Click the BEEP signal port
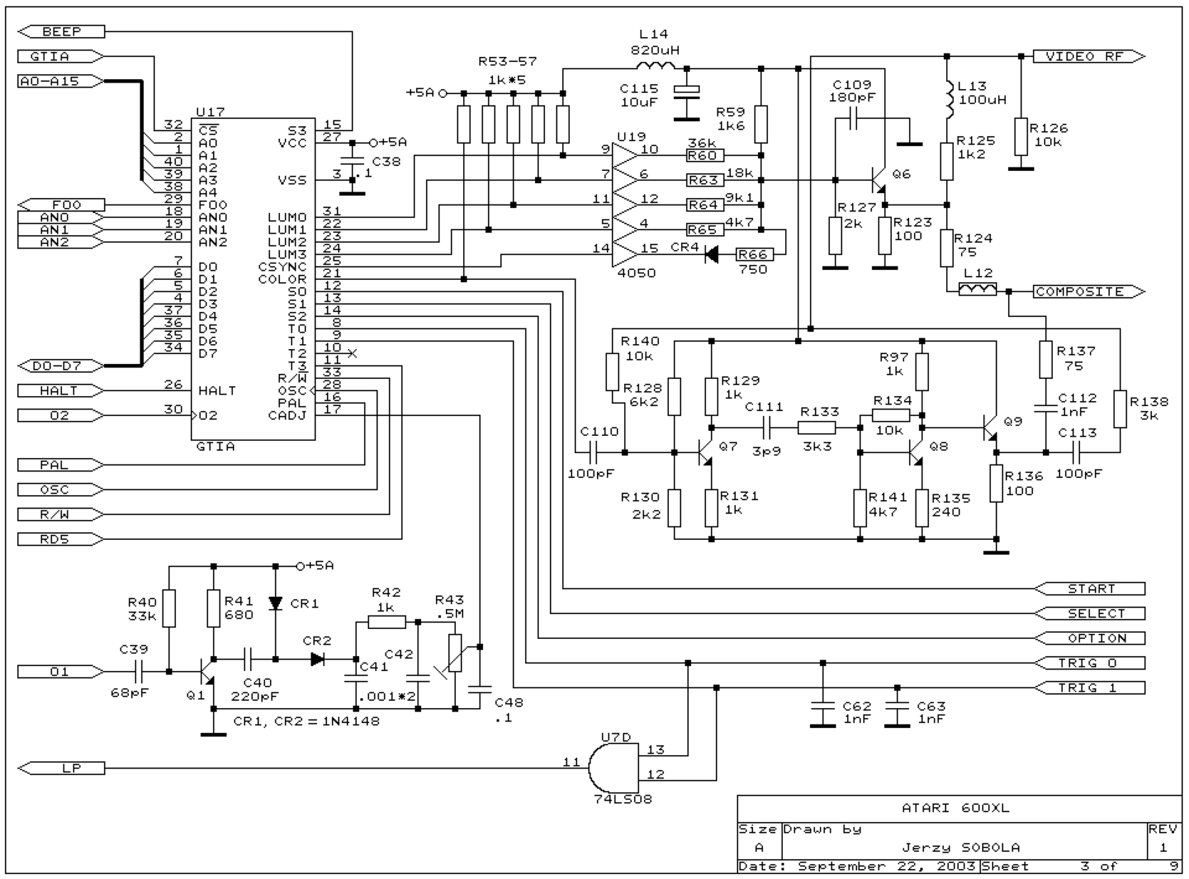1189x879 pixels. tap(61, 31)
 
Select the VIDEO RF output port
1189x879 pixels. tap(1089, 56)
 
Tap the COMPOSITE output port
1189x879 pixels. tap(1089, 292)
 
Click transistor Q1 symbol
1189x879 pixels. tap(207, 672)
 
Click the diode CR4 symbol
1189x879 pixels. tap(711, 255)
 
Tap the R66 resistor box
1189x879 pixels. tap(754, 255)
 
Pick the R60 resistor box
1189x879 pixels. tap(705, 155)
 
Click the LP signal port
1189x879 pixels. tap(61, 769)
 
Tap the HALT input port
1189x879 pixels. tap(61, 391)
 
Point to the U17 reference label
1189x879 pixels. tap(210, 112)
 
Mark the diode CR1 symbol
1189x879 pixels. tap(275, 603)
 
